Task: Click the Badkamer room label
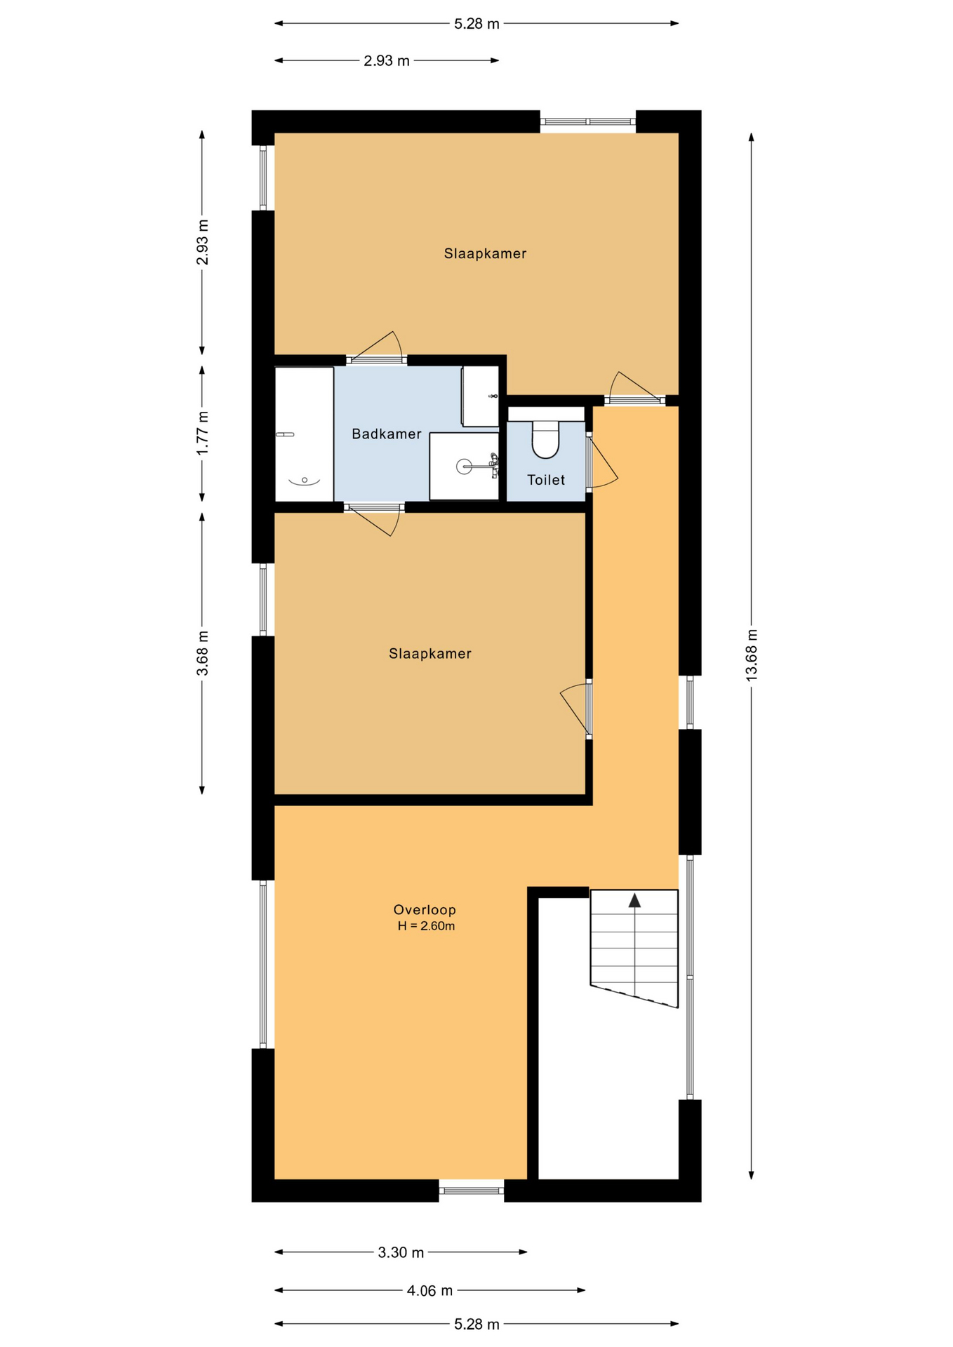386,434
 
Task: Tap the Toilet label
546,480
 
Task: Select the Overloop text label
425,910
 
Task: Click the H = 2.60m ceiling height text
426,926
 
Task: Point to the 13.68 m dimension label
752,655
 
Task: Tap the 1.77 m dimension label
202,432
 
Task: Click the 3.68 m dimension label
202,653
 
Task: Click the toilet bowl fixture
545,438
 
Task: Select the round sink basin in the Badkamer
464,466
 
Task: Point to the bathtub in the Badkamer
304,434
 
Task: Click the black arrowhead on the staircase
634,900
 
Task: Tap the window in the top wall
588,122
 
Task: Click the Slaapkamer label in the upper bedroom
485,254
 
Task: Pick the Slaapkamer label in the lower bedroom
430,654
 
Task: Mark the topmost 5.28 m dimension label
476,24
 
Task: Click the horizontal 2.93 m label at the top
386,61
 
